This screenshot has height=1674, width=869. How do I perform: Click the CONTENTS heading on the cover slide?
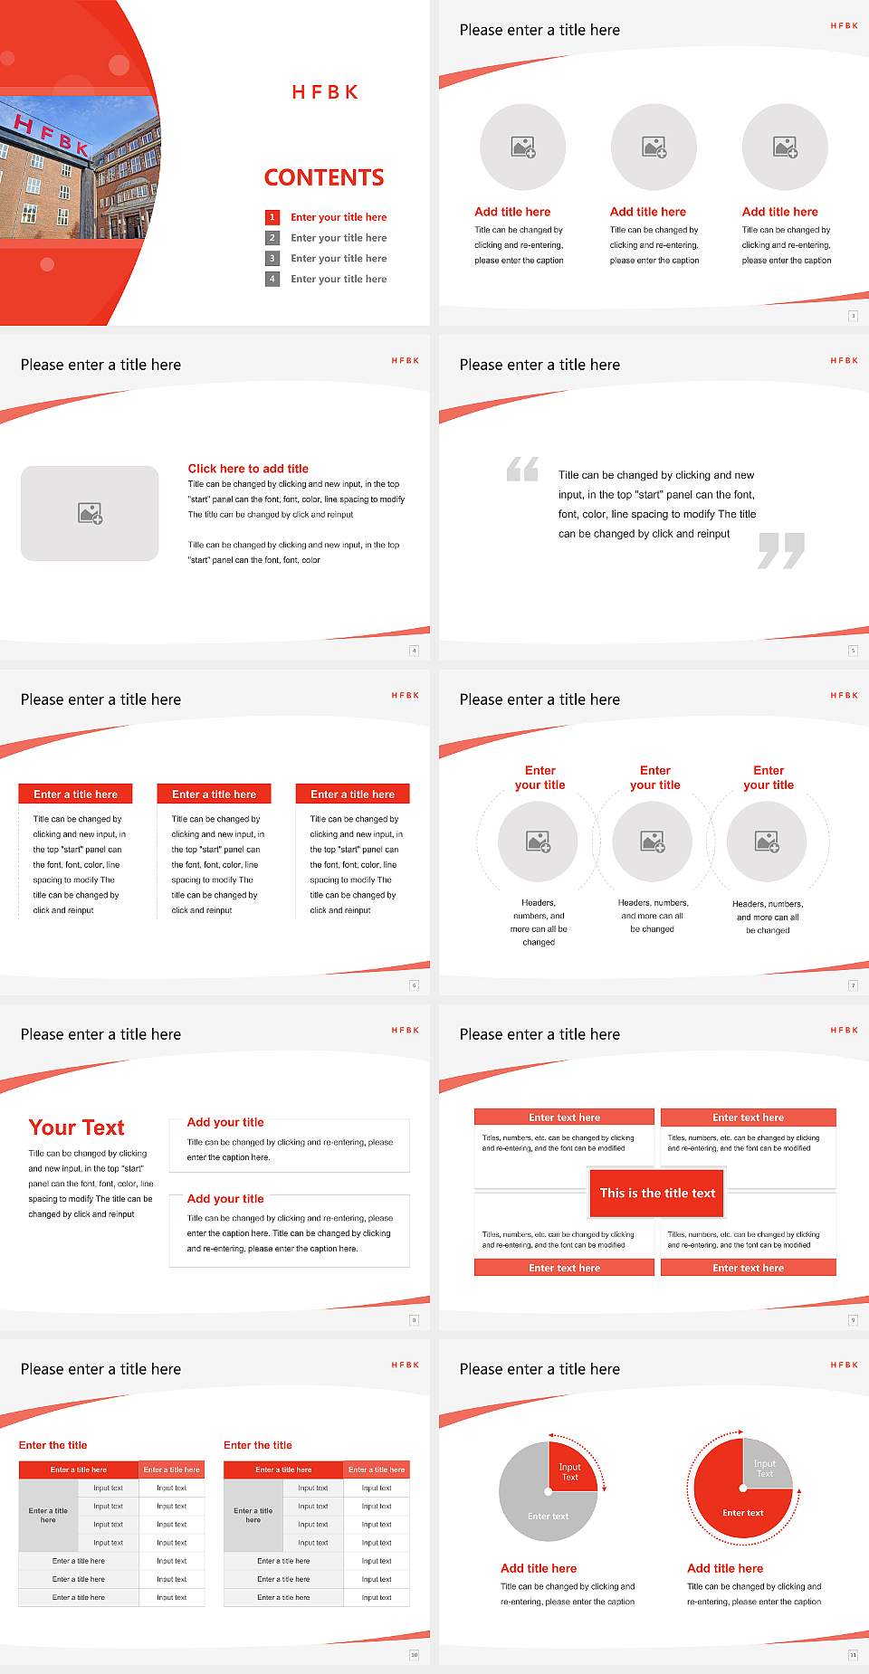pos(324,177)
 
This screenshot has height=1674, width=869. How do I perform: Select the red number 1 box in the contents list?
pos(272,217)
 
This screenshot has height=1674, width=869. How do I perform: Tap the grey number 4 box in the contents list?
pos(272,279)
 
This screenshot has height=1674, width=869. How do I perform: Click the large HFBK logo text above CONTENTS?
pos(325,92)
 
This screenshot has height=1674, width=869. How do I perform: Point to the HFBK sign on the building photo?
pos(53,135)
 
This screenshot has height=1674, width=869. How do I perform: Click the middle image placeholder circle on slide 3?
pos(654,147)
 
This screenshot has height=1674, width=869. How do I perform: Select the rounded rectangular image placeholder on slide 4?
pos(90,513)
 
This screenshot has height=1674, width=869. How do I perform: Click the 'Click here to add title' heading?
pos(248,469)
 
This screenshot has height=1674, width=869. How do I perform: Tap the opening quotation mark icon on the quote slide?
pos(522,469)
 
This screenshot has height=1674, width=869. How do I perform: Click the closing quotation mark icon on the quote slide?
pos(781,550)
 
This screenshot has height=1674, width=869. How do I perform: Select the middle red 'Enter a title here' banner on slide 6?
pos(214,794)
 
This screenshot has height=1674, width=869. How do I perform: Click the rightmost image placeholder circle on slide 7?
pos(767,842)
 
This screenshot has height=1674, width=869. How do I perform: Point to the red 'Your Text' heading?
pos(77,1127)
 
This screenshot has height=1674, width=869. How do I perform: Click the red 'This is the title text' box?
pos(657,1194)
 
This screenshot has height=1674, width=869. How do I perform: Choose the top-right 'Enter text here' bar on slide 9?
pos(748,1118)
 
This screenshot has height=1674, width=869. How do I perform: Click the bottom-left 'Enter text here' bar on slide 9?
pos(564,1268)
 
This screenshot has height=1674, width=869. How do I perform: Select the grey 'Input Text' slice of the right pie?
pos(766,1467)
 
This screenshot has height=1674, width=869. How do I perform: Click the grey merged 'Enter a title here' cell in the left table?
pos(48,1515)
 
